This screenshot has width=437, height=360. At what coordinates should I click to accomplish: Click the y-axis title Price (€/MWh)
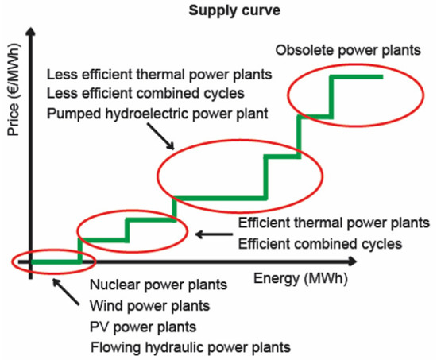pos(12,91)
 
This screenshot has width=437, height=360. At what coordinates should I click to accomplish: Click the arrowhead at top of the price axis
pos(31,32)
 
